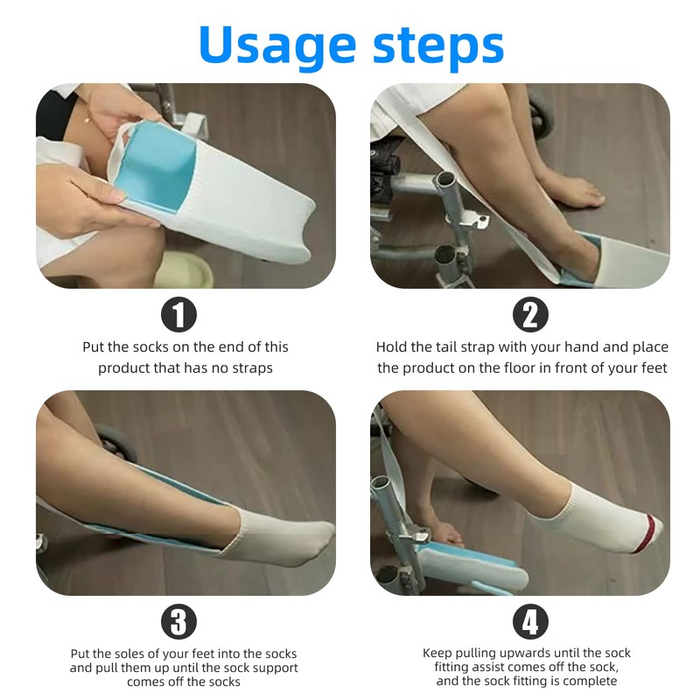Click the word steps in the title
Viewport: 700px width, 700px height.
point(437,45)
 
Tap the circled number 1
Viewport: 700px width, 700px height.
point(178,314)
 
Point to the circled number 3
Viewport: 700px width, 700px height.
point(178,621)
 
